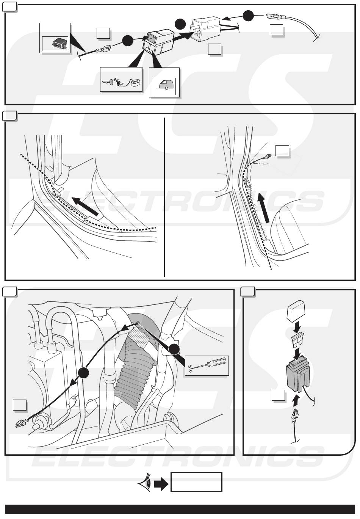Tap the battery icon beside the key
pos(136,83)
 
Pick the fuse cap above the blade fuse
pos(296,313)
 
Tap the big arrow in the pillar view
pos(264,208)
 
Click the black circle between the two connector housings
pos(180,24)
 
